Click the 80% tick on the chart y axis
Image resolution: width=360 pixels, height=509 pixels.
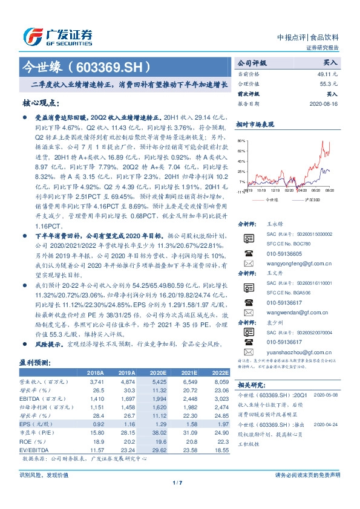point(241,140)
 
